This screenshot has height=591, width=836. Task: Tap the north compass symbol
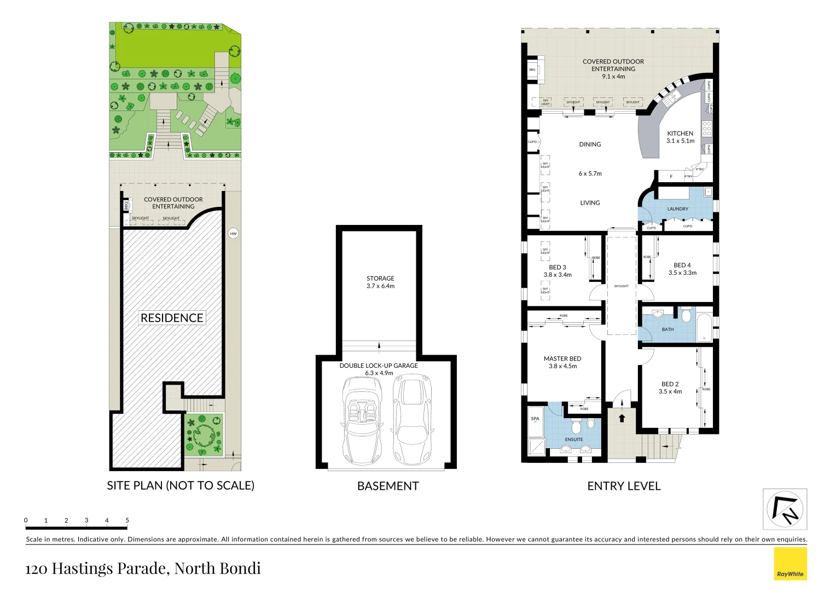click(x=785, y=509)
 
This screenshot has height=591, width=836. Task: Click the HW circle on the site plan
click(x=234, y=234)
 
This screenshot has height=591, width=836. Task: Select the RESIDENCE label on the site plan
click(x=172, y=318)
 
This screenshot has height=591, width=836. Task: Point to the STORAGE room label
click(x=380, y=279)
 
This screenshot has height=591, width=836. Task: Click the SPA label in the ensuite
click(x=535, y=419)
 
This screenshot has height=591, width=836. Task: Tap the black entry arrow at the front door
click(x=622, y=418)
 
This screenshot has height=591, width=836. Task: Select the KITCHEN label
click(x=680, y=134)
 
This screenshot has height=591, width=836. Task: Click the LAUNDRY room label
click(x=677, y=209)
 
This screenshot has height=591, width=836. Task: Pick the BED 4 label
click(x=682, y=265)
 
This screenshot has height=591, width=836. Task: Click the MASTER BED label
click(x=562, y=359)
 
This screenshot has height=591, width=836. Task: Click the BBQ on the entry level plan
click(x=533, y=69)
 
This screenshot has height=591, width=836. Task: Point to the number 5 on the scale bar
click(x=127, y=520)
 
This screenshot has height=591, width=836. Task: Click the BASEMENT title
click(x=388, y=486)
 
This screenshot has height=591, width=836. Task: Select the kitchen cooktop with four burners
click(x=707, y=129)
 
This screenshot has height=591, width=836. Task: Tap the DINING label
click(x=590, y=144)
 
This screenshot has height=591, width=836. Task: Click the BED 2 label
click(x=670, y=384)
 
